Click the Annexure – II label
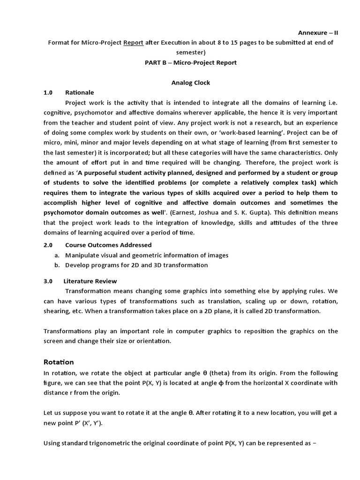tap(318, 32)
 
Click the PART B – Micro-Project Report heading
tap(190, 63)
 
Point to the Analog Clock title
tap(190, 82)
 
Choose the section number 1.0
tap(48, 92)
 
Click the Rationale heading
tap(80, 92)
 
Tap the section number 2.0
tap(48, 245)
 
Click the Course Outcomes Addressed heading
tap(108, 245)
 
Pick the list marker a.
tap(57, 255)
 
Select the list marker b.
tap(57, 265)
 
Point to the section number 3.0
tap(48, 281)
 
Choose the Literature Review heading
tap(91, 281)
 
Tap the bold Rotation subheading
tap(59, 362)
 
